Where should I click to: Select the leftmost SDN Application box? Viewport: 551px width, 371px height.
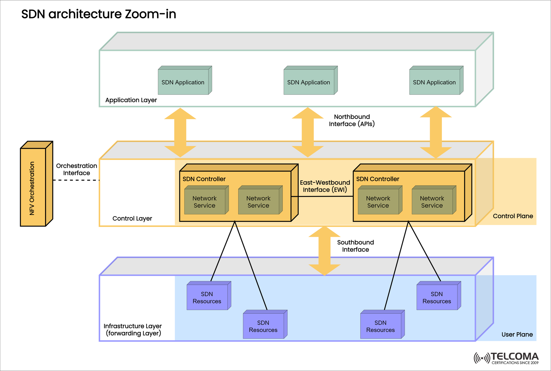coord(183,82)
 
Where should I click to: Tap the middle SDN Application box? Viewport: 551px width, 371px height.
coord(309,82)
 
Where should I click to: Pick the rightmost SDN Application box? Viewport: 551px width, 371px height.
coord(434,82)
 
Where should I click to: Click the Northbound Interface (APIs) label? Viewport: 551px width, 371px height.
coord(352,120)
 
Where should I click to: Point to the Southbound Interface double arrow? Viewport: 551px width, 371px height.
coord(324,251)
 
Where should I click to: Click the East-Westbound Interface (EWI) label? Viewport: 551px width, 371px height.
coord(325,186)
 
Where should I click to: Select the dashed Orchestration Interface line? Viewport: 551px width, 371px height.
coord(76,180)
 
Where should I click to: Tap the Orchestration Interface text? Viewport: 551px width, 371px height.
coord(77,169)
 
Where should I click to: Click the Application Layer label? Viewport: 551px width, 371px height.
coord(131,100)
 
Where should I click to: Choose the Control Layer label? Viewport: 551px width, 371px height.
coord(132,218)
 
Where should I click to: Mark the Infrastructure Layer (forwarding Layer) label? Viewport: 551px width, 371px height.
coord(133,330)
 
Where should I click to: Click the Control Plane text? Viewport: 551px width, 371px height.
coord(513,216)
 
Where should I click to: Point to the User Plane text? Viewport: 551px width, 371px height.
coord(517,334)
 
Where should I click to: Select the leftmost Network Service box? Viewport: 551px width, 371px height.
coord(205,202)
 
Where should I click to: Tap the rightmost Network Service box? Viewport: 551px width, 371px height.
coord(432,202)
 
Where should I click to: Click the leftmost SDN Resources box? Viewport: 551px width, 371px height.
coord(207,297)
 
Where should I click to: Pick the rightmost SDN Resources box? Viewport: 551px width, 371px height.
coord(437,297)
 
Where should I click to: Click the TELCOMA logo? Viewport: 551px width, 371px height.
coord(507,358)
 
